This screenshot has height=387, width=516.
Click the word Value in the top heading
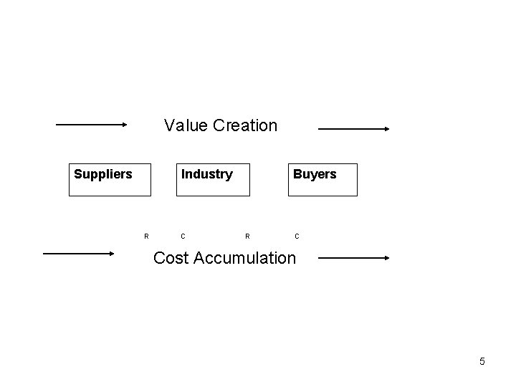pyautogui.click(x=182, y=125)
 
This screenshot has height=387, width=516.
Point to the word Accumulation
pyautogui.click(x=243, y=257)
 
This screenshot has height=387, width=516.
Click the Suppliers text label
pyautogui.click(x=103, y=174)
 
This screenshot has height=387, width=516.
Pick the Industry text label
pyautogui.click(x=207, y=174)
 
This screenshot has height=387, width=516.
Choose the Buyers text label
pyautogui.click(x=315, y=174)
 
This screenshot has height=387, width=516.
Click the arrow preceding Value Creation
pyautogui.click(x=90, y=124)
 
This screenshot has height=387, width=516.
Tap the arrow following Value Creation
pyautogui.click(x=353, y=129)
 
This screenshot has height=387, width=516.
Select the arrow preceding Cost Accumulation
pyautogui.click(x=78, y=253)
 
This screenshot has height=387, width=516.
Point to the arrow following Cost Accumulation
pyautogui.click(x=353, y=257)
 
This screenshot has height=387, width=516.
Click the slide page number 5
pyautogui.click(x=482, y=361)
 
